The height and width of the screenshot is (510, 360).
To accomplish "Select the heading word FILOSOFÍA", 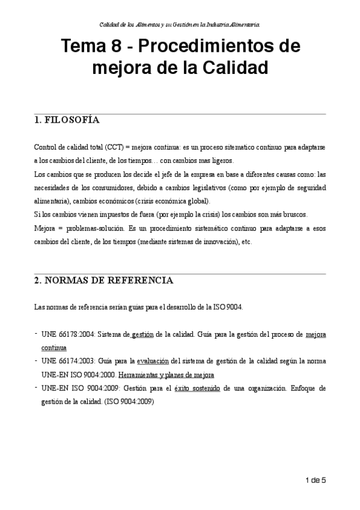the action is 73,120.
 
